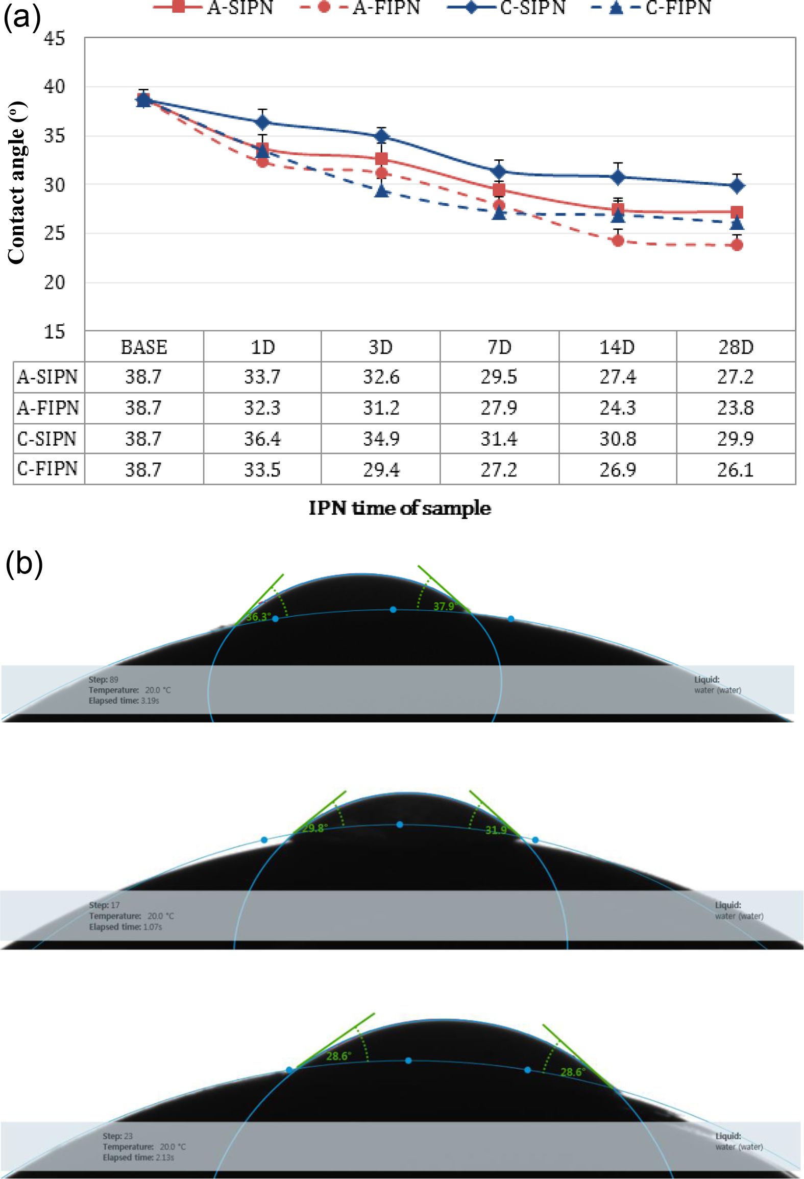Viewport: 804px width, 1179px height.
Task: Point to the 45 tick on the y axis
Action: point(55,38)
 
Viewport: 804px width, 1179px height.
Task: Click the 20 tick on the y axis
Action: point(55,282)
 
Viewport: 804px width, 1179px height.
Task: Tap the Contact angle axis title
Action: point(17,183)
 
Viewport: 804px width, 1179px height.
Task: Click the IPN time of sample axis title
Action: point(400,508)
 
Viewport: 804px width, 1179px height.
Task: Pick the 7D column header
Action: point(499,347)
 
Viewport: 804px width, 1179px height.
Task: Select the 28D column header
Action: point(736,347)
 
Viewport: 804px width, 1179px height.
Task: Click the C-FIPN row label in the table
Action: point(47,469)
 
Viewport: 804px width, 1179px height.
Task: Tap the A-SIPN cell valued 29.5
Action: point(499,377)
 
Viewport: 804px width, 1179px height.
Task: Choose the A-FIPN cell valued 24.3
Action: point(618,408)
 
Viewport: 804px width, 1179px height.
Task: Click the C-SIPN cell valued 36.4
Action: point(262,439)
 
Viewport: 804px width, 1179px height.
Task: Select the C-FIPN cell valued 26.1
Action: point(736,469)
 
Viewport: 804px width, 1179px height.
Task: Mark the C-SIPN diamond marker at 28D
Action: point(737,186)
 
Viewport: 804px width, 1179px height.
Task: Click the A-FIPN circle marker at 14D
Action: point(618,240)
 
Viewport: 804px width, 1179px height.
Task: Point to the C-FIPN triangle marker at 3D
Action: point(381,191)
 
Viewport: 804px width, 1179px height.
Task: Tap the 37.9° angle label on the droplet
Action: point(444,606)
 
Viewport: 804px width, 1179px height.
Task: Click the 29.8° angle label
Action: point(314,828)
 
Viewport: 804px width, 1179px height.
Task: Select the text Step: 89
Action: point(103,680)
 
